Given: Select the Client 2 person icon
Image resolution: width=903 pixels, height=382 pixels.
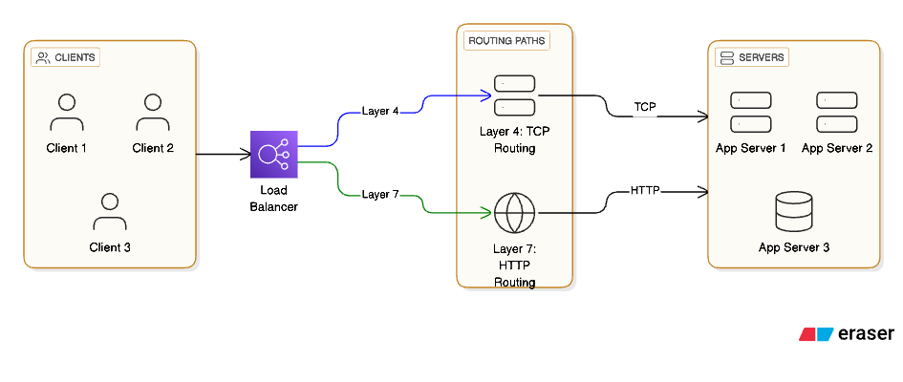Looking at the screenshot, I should pyautogui.click(x=153, y=113).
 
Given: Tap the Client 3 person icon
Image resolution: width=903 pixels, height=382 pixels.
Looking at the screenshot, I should pyautogui.click(x=110, y=212).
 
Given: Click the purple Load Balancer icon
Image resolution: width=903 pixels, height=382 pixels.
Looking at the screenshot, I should pyautogui.click(x=274, y=154).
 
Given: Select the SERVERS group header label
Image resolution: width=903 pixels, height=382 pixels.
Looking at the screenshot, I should pyautogui.click(x=751, y=57).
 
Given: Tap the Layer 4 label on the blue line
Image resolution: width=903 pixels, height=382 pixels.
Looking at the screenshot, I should pyautogui.click(x=380, y=110).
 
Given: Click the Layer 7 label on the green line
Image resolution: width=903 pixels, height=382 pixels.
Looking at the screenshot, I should pyautogui.click(x=380, y=194).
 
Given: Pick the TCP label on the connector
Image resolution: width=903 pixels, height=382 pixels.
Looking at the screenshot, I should pyautogui.click(x=645, y=106).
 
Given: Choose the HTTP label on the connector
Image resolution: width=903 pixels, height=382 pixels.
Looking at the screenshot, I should pyautogui.click(x=645, y=190).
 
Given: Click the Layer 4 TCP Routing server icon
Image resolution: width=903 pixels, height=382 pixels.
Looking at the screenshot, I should pyautogui.click(x=514, y=95).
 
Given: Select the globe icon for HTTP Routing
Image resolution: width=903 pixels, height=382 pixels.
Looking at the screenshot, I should pyautogui.click(x=514, y=213).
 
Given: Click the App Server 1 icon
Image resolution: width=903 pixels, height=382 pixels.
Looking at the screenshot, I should pyautogui.click(x=750, y=112).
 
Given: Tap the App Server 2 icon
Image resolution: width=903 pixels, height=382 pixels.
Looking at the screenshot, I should pyautogui.click(x=836, y=112).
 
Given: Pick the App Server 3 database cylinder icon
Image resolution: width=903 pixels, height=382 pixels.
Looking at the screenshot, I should pyautogui.click(x=793, y=212).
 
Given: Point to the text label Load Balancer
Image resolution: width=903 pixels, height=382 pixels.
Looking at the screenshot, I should pyautogui.click(x=273, y=200).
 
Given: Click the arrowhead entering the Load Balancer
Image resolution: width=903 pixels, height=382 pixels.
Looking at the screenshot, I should pyautogui.click(x=245, y=154).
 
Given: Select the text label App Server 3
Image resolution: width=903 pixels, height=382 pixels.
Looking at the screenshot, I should pyautogui.click(x=793, y=247).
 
